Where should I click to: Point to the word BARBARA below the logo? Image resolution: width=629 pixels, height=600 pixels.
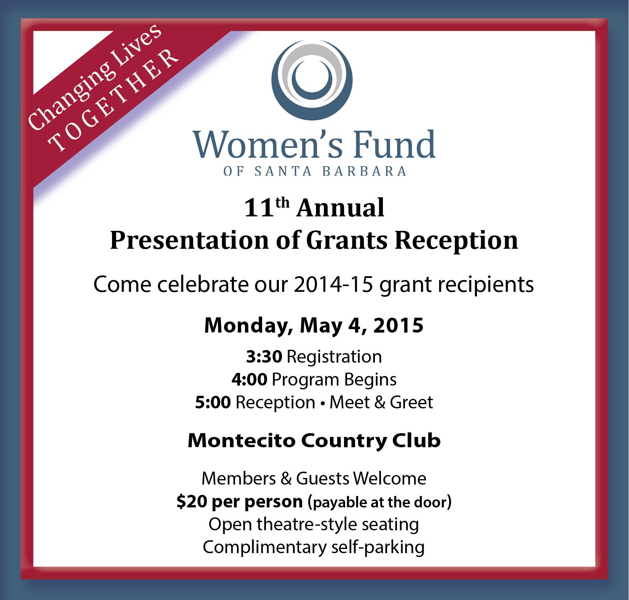(365, 171)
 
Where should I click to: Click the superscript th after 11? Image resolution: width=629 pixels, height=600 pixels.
(283, 203)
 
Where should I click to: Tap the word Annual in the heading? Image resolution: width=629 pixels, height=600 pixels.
(341, 208)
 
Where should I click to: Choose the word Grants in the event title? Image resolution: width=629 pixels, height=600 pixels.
(347, 241)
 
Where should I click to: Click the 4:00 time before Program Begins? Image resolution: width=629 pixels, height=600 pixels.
(250, 380)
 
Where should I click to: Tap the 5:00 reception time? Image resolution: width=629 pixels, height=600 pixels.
(213, 403)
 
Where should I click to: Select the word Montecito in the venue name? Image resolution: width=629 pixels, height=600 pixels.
(242, 441)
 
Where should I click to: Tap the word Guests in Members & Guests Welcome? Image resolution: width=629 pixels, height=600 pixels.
(323, 478)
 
